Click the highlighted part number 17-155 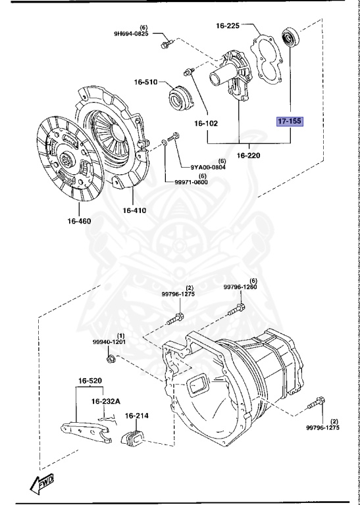coord(289,122)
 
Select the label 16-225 coord(228,26)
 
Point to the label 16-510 coord(146,82)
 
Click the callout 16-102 coord(205,123)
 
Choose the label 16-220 coord(249,156)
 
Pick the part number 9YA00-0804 coord(209,167)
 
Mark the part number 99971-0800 coord(191,182)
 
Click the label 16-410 coord(134,210)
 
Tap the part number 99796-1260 coord(240,287)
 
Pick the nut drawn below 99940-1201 coord(112,358)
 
